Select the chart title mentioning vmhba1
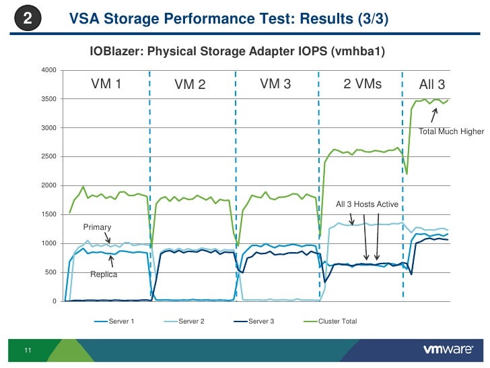[x=238, y=51]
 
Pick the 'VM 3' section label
[x=275, y=84]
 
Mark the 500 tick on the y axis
[x=50, y=272]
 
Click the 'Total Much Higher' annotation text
[x=451, y=131]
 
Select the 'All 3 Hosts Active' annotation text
[x=367, y=204]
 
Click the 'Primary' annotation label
[x=97, y=227]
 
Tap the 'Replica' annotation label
[x=104, y=275]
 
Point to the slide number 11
[x=28, y=350]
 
